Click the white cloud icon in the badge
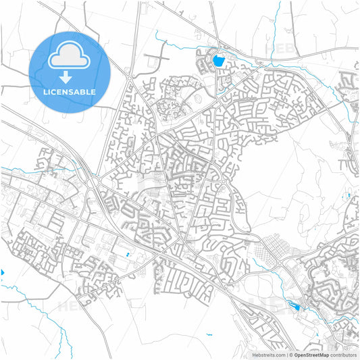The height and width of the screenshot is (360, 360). pos(69,56)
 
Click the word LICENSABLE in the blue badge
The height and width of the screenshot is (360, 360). pos(69,92)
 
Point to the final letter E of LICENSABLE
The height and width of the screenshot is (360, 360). pos(93,92)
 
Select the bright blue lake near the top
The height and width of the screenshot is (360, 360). pos(217,61)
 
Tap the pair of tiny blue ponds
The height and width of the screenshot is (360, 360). pos(127,255)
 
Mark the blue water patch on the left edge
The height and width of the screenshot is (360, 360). pos(2,272)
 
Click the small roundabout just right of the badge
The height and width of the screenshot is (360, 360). pos(128,78)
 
